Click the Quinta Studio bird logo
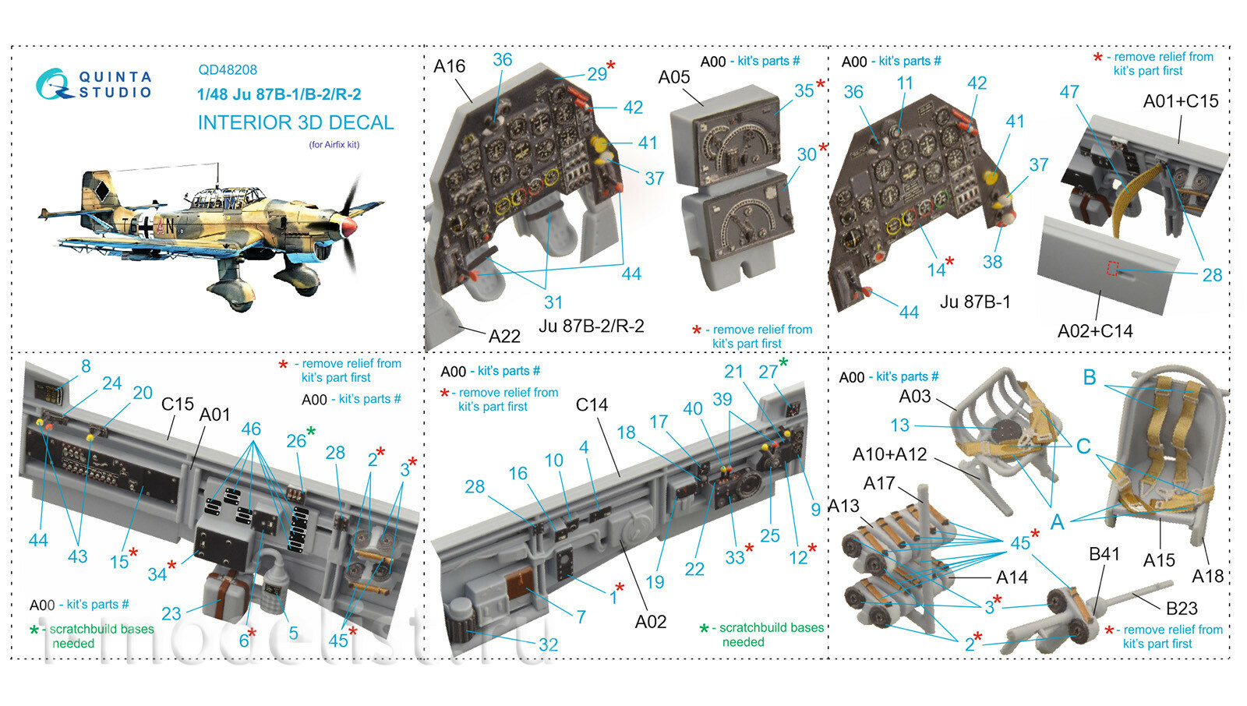[x=54, y=85]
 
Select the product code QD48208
[x=228, y=70]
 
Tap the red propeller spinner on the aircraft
[x=349, y=227]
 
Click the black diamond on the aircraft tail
[x=101, y=191]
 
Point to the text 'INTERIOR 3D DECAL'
[x=295, y=122]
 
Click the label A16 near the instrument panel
[x=449, y=66]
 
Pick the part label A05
[x=673, y=77]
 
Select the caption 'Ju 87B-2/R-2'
[x=592, y=326]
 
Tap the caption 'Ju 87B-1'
[x=975, y=302]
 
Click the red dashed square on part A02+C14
[x=1112, y=268]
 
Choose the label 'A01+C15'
[x=1180, y=101]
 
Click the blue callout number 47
[x=1069, y=92]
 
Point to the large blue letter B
[x=1090, y=377]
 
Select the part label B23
[x=1182, y=609]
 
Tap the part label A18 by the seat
[x=1207, y=576]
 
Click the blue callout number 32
[x=548, y=644]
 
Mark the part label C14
[x=592, y=404]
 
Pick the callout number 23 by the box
[x=171, y=613]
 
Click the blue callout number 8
[x=86, y=365]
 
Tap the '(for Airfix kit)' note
[x=334, y=145]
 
